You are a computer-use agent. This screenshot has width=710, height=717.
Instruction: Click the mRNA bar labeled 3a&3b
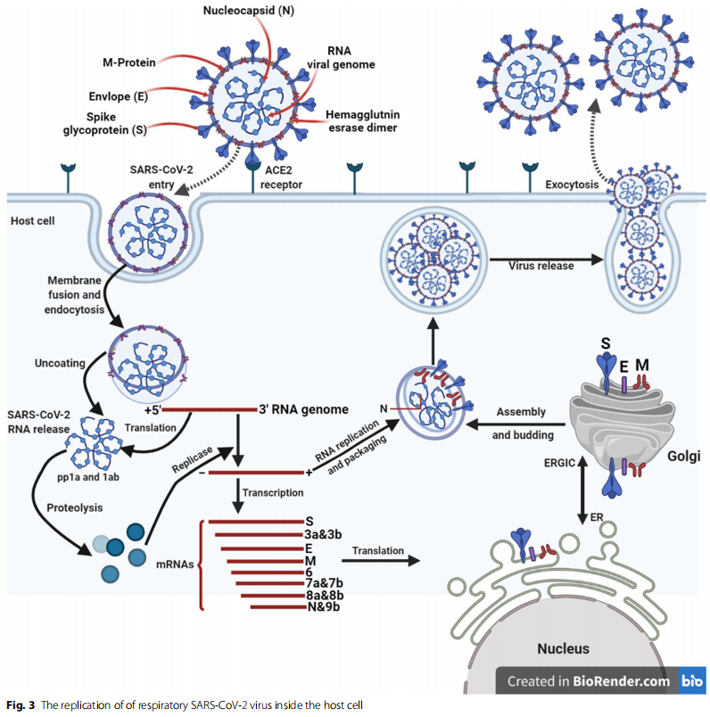[x=254, y=534]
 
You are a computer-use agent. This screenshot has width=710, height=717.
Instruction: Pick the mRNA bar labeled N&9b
[x=276, y=608]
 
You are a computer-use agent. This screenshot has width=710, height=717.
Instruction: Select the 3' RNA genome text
[x=302, y=411]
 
